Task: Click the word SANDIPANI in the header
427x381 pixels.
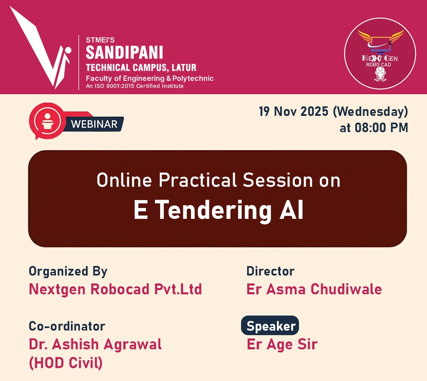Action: [124, 53]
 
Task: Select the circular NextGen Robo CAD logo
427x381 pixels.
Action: [380, 54]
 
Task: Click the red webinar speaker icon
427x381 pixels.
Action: [47, 121]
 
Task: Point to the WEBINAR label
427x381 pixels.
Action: [94, 124]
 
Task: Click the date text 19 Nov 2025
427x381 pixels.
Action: [293, 112]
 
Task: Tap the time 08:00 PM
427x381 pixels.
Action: [381, 128]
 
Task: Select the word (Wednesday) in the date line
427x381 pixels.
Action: [370, 112]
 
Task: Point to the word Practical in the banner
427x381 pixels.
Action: [198, 180]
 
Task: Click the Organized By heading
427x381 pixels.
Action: [68, 272]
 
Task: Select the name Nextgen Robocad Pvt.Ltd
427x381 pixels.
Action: [115, 289]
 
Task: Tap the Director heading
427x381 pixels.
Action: [270, 271]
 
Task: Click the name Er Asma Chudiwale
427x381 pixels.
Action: [314, 289]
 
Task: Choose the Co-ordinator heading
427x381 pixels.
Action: [67, 326]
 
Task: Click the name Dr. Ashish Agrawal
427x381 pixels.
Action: [95, 345]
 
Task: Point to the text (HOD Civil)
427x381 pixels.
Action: [65, 363]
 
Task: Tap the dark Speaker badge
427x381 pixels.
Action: [270, 326]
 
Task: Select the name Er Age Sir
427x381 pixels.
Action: [282, 345]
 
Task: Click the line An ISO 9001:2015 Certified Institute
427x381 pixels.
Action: [135, 86]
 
